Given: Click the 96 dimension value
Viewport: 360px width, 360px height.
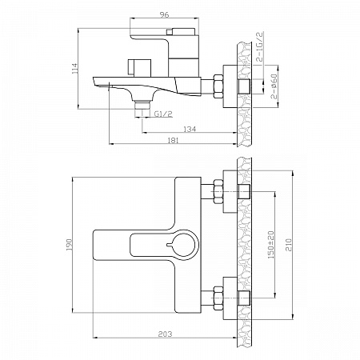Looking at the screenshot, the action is (x=165, y=14).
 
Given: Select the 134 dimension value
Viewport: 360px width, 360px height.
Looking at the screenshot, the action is (x=190, y=129).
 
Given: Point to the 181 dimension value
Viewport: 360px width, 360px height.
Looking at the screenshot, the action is (x=173, y=140).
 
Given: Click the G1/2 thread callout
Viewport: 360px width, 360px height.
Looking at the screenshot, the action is (x=163, y=114).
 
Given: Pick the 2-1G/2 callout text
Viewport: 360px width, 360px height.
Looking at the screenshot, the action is (x=259, y=46).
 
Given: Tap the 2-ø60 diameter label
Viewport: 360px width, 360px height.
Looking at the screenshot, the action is (x=274, y=86).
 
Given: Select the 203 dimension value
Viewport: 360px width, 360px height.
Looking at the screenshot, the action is (x=165, y=334).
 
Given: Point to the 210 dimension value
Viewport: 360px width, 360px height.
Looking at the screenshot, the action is (x=289, y=245).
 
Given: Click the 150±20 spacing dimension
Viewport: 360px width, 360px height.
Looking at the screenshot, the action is (x=271, y=245).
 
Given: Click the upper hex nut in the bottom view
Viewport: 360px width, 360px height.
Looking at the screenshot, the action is (x=218, y=192).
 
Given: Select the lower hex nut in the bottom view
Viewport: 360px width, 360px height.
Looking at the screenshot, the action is (x=218, y=298).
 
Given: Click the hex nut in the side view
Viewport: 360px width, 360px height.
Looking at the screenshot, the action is (x=218, y=86).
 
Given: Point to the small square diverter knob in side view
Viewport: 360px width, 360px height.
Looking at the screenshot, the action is (x=139, y=67).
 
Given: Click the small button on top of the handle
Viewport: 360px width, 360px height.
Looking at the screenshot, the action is (x=170, y=32).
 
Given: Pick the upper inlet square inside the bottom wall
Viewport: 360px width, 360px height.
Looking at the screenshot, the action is (x=244, y=191).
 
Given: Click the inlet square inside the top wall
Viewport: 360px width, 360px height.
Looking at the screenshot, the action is (x=244, y=86).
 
